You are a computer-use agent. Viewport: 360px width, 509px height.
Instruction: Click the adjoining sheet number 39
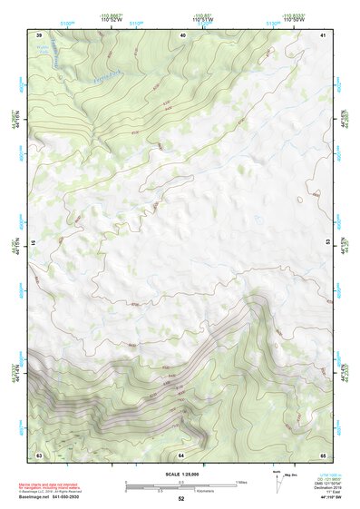38,35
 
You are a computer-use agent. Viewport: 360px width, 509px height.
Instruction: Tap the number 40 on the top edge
181,35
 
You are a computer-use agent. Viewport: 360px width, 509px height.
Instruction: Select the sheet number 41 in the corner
323,35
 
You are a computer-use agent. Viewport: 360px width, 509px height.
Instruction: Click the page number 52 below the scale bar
180,499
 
